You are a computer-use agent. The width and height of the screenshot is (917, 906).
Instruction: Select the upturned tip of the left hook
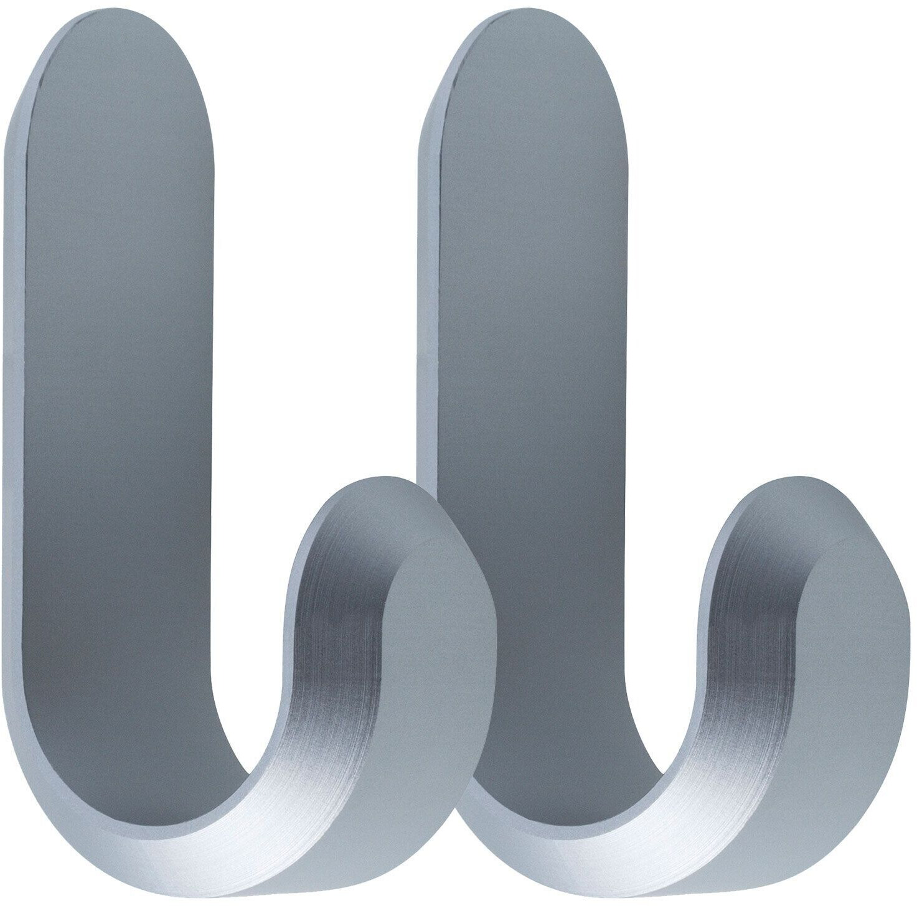[367, 492]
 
